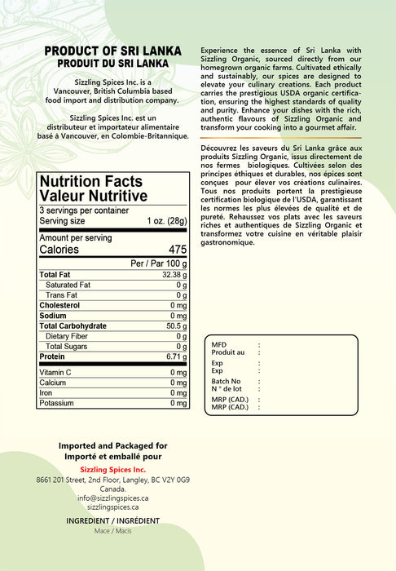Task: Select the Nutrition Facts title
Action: click(x=91, y=182)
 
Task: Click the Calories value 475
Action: click(x=178, y=250)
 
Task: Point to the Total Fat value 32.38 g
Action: click(x=174, y=275)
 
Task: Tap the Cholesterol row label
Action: click(x=60, y=305)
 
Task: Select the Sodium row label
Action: click(x=53, y=316)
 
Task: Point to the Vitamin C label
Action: click(x=55, y=373)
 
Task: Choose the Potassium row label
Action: click(x=57, y=403)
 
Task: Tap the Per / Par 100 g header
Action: click(x=159, y=264)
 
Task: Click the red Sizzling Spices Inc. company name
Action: click(x=112, y=470)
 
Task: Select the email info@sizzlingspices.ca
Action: click(x=112, y=498)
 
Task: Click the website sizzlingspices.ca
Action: click(x=112, y=507)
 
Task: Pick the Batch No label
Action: click(x=226, y=381)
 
